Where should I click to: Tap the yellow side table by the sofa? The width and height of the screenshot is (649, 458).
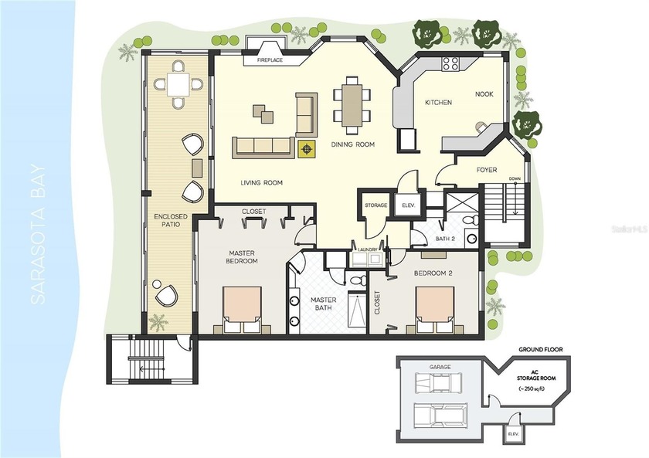(x=308, y=148)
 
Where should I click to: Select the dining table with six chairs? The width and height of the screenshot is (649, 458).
(x=352, y=101)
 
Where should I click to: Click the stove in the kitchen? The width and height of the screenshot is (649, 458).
(x=451, y=64)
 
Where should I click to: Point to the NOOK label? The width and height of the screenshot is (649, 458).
(x=484, y=94)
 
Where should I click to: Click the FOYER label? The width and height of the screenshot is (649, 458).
(x=486, y=170)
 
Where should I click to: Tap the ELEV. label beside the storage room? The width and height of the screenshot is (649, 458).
(x=406, y=205)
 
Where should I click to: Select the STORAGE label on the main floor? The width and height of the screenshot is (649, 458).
(x=375, y=205)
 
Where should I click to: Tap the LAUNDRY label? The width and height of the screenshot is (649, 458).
(x=368, y=249)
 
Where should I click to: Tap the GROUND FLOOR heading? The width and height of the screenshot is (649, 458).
(x=541, y=350)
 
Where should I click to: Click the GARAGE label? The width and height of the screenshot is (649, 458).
(x=440, y=368)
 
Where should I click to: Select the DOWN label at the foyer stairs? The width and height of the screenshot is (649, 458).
(x=516, y=179)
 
